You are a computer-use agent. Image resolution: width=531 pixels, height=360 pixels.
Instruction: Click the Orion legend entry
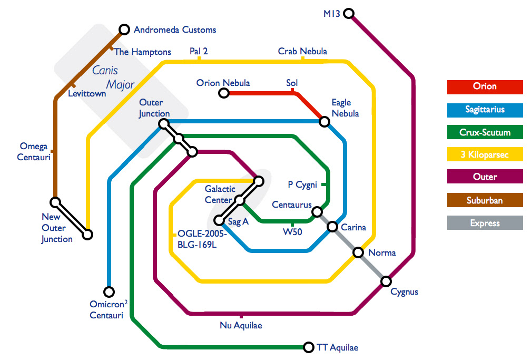tap(485, 86)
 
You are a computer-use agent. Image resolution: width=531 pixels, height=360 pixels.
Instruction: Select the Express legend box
tap(485, 223)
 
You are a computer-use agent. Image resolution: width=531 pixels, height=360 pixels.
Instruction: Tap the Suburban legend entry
tap(485, 200)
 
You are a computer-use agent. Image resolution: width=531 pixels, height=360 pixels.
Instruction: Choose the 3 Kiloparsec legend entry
tap(485, 155)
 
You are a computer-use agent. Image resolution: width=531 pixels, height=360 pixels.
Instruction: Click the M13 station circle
tap(348, 13)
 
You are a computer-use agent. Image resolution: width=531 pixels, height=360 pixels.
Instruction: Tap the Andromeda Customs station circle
tap(124, 30)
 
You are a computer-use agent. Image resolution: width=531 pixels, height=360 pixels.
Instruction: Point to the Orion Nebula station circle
tap(223, 94)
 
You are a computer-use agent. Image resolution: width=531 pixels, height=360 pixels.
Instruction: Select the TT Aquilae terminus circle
tap(309, 347)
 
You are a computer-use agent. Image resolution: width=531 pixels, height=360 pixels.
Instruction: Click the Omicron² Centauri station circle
tap(109, 291)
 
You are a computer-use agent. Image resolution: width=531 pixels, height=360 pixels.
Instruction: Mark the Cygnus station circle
tap(386, 281)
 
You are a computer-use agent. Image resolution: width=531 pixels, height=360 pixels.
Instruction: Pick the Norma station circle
tap(358, 252)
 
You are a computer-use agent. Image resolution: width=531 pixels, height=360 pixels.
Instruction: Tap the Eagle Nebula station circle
tap(324, 122)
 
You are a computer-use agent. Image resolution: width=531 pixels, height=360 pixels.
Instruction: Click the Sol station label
tap(292, 83)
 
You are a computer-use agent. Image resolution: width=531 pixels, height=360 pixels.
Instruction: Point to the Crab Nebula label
tap(302, 51)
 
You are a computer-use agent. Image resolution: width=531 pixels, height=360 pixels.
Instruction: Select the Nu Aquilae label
tap(241, 325)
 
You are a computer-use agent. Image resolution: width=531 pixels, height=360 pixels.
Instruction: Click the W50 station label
tap(292, 231)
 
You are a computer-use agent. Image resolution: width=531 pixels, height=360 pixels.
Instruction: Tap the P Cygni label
tap(302, 184)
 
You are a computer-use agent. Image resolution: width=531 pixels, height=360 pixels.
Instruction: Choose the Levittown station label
tap(87, 94)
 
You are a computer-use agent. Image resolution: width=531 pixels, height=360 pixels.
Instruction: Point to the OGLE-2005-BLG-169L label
tap(202, 238)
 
